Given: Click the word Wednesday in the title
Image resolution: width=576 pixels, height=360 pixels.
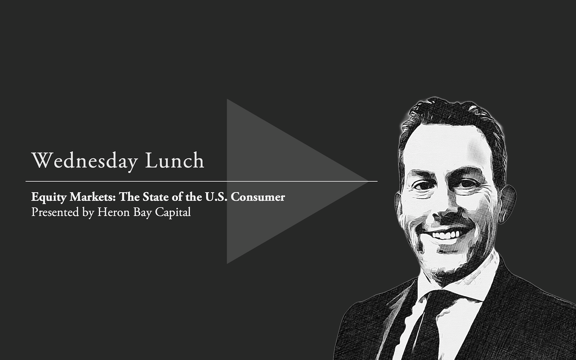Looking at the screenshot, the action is (x=84, y=161).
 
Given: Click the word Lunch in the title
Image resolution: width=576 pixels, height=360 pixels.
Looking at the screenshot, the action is (x=175, y=160).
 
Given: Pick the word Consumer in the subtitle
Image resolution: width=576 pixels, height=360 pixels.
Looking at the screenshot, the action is (x=258, y=197).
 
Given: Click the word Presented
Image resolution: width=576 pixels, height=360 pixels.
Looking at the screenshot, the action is (x=55, y=212).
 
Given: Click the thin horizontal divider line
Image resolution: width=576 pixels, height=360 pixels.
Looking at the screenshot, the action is (x=202, y=182).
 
